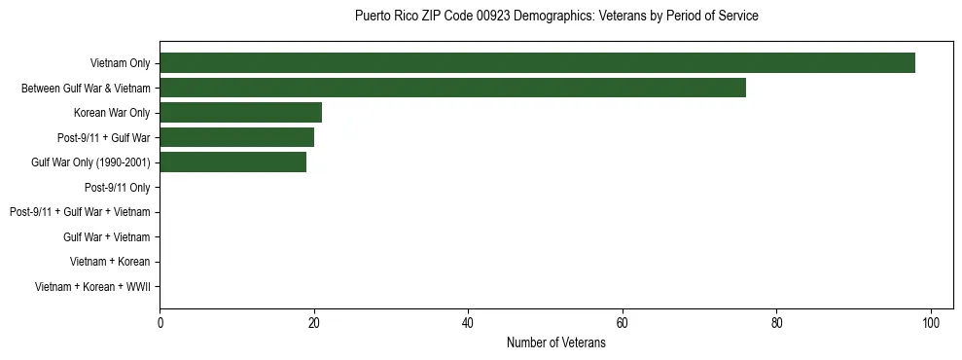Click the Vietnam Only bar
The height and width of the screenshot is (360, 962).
coord(537,63)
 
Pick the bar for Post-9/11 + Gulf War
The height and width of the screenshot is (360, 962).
coord(236,138)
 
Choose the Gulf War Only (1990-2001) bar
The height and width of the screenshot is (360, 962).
coord(232,162)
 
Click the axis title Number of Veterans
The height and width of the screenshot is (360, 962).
coord(555,343)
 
